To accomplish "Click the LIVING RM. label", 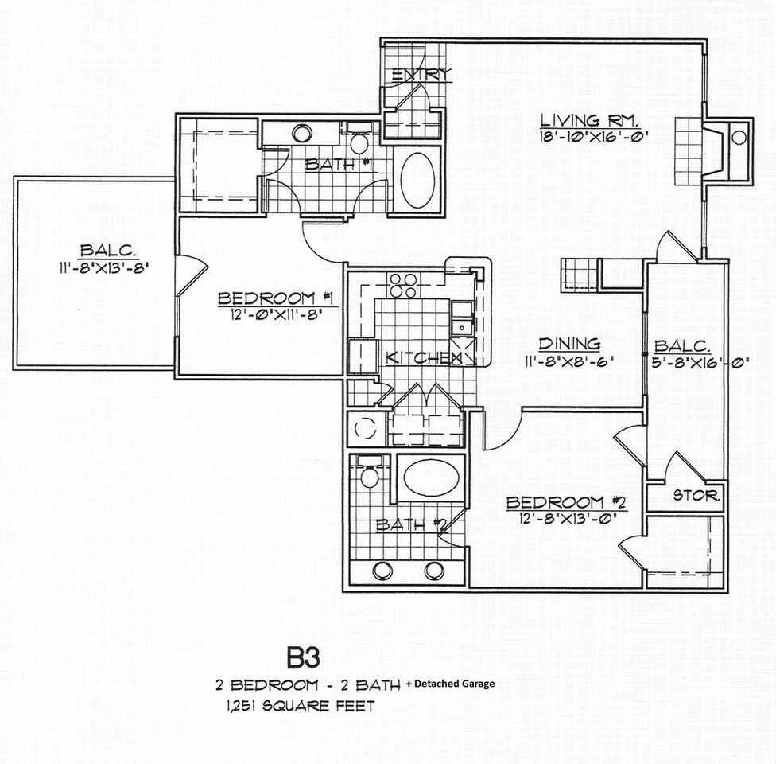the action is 589,120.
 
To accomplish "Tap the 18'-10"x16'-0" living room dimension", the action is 593,136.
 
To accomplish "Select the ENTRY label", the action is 421,75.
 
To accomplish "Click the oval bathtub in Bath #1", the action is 419,179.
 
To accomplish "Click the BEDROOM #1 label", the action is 277,298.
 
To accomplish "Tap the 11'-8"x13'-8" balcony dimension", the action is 104,267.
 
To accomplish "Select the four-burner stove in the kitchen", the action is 403,285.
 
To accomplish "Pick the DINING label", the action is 569,343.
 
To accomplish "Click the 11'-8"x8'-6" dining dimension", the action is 569,361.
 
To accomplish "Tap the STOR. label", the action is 696,495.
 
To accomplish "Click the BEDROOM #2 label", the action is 566,502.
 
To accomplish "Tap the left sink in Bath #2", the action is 382,571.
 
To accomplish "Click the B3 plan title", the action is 304,657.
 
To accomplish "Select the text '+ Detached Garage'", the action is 450,684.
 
